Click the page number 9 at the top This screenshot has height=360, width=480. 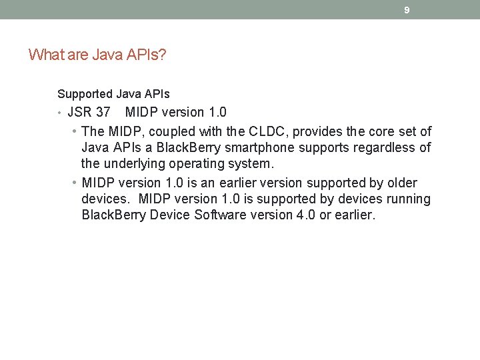tap(407, 10)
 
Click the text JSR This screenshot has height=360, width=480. tap(80, 112)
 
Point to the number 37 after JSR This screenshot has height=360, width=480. tap(103, 112)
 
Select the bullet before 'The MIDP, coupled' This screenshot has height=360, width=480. tap(74, 132)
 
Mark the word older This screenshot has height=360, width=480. tap(402, 183)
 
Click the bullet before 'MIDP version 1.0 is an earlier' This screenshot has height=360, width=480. tap(74, 183)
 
